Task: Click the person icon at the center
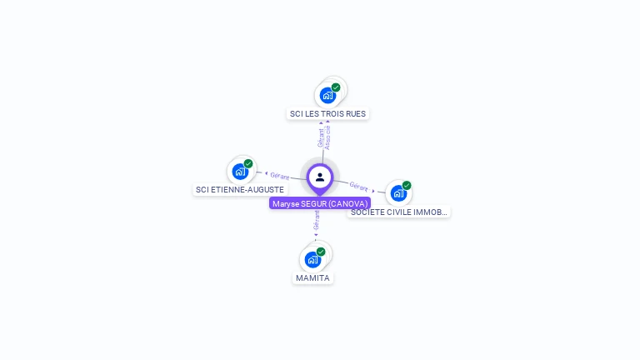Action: pyautogui.click(x=320, y=177)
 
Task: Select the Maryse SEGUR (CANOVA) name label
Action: pyautogui.click(x=320, y=203)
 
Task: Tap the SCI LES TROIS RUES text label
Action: pyautogui.click(x=327, y=113)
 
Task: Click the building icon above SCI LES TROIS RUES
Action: pyautogui.click(x=327, y=95)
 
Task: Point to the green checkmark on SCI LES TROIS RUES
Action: pyautogui.click(x=336, y=87)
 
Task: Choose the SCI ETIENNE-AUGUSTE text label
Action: pyautogui.click(x=240, y=190)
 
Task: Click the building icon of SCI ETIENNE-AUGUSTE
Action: pyautogui.click(x=240, y=172)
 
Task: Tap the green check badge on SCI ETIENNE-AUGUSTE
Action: pyautogui.click(x=248, y=164)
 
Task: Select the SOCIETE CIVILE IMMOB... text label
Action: pyautogui.click(x=399, y=212)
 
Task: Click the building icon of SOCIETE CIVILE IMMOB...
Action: pyautogui.click(x=398, y=193)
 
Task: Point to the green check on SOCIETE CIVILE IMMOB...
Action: pyautogui.click(x=407, y=186)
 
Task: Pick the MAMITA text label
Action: pyautogui.click(x=312, y=277)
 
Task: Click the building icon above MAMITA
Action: pyautogui.click(x=312, y=259)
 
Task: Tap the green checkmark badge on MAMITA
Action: pyautogui.click(x=321, y=252)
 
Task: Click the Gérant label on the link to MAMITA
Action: pyautogui.click(x=316, y=221)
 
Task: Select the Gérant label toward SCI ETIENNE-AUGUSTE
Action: pyautogui.click(x=279, y=176)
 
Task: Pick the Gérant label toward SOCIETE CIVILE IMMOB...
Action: pyautogui.click(x=359, y=186)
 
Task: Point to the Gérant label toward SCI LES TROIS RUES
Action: pyautogui.click(x=321, y=137)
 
